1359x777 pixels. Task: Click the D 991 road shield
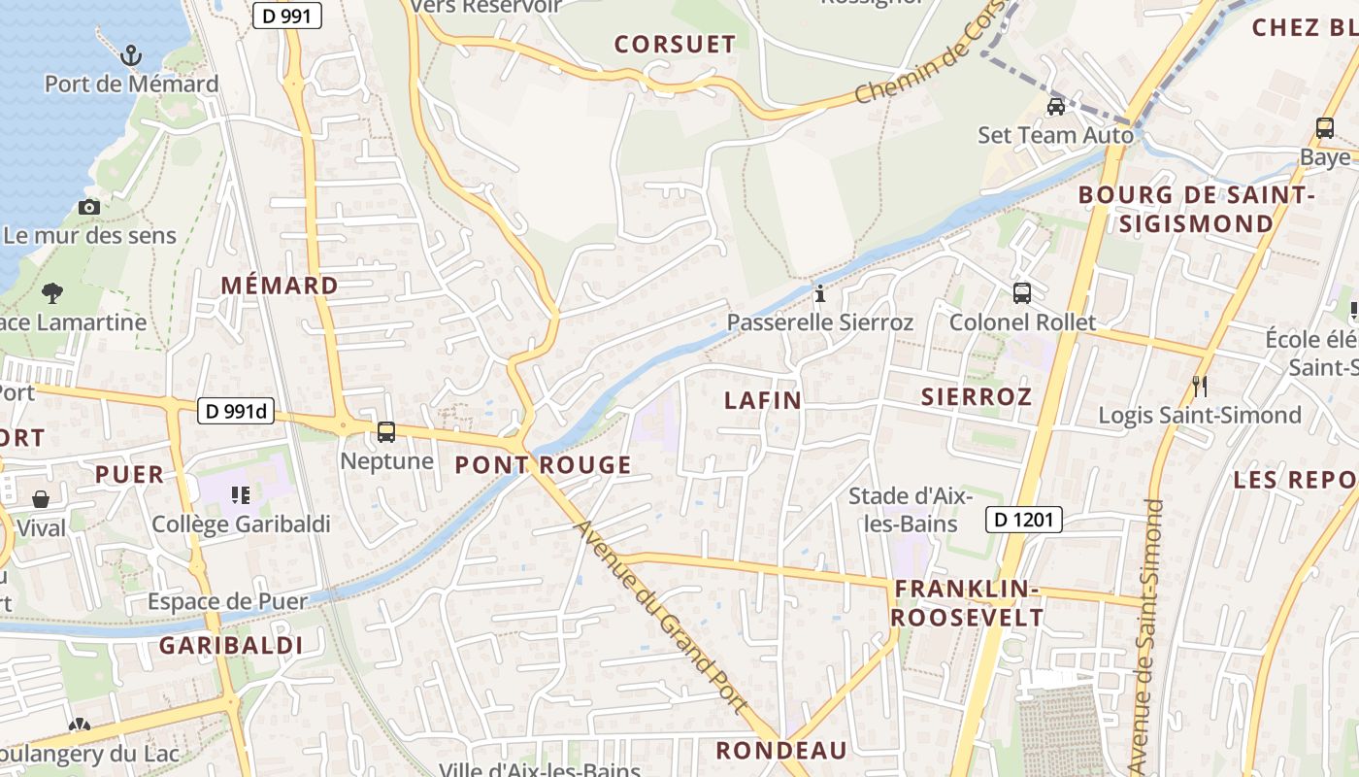[286, 15]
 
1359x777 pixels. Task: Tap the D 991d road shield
[237, 411]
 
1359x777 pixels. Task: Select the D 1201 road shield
[1024, 520]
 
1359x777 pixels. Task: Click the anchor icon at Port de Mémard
[131, 55]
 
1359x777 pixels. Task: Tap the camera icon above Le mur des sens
[89, 207]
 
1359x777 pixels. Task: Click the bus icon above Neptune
[386, 432]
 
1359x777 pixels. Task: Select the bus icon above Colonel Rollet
[1022, 292]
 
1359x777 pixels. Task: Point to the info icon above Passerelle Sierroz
[820, 292]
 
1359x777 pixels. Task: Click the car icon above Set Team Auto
[1055, 106]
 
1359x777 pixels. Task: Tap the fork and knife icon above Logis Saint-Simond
[1200, 387]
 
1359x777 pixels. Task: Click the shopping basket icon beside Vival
[42, 499]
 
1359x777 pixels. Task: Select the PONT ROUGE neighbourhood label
[544, 465]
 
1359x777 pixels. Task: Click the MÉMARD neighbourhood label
[280, 286]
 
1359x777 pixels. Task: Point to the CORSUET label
[676, 44]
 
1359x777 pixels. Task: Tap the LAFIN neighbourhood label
[763, 400]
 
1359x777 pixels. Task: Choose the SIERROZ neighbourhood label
[976, 396]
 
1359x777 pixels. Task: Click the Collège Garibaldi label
[241, 524]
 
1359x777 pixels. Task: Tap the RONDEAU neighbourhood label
[781, 750]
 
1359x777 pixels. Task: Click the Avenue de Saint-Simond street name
[1145, 636]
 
